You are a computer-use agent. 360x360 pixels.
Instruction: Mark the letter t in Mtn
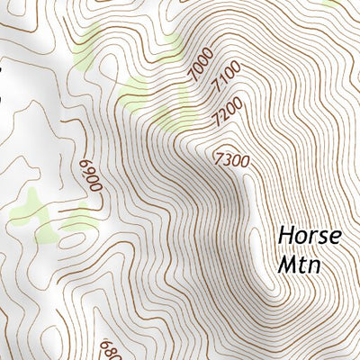[303, 266]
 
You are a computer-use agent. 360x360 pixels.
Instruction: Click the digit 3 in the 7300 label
[229, 159]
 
